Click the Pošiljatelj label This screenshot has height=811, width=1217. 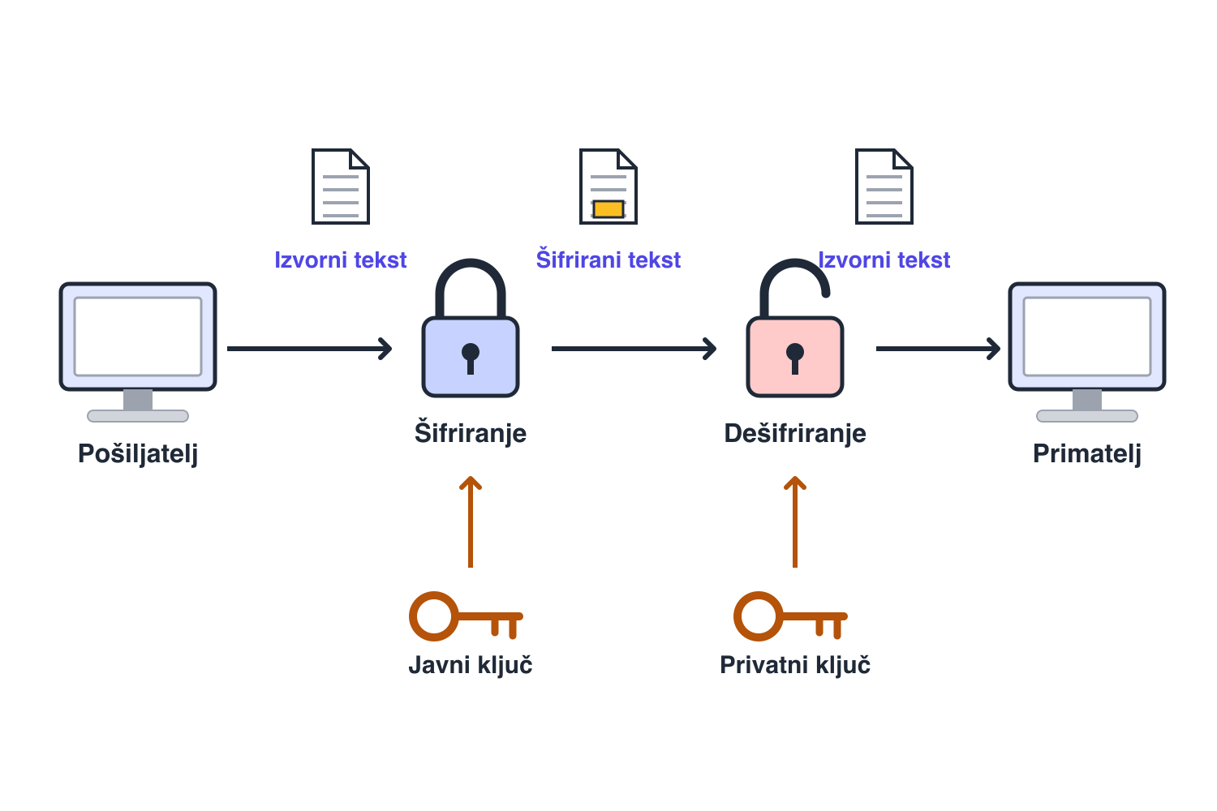click(138, 453)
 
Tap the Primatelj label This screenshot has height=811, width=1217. click(1086, 453)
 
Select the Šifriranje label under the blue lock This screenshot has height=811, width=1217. click(471, 433)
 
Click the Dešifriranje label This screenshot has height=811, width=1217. click(795, 433)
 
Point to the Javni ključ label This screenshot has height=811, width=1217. click(471, 664)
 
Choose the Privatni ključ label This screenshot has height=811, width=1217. click(795, 664)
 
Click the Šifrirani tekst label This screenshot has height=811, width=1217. click(608, 259)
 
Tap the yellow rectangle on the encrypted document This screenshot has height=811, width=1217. click(608, 209)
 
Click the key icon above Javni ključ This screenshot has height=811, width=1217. click(467, 616)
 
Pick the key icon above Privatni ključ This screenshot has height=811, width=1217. click(790, 616)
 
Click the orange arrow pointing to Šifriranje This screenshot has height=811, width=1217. click(471, 522)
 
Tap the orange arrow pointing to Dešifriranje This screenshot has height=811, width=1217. click(795, 522)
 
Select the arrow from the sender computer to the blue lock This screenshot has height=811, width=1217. click(309, 349)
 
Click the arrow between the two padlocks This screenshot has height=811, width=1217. click(634, 349)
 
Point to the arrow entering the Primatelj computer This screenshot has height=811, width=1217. click(938, 349)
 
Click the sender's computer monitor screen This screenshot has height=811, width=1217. click(138, 337)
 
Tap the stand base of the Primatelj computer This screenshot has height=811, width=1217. click(1086, 416)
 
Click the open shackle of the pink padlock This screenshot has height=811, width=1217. click(794, 263)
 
